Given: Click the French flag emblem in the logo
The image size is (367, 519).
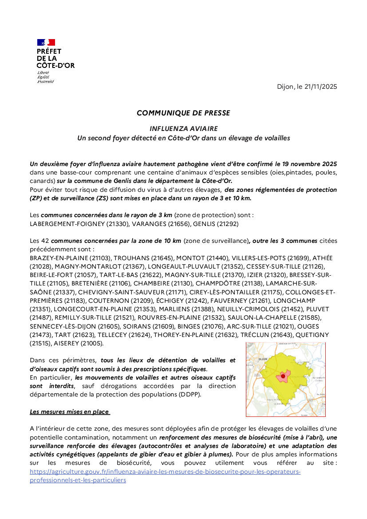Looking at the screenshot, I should coord(46,42).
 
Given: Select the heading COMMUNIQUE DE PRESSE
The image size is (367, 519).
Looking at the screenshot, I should coord(183,113).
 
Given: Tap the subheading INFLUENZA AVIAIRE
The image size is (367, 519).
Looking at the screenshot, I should coord(183,129).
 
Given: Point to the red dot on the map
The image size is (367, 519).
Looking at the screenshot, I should coord(283,376).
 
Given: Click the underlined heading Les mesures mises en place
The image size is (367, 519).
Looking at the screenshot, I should coord(69,412).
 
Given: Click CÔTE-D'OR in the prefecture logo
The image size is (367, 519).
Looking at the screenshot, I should coord(55,65).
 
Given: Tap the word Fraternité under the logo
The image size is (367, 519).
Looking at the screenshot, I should coord(45,82).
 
